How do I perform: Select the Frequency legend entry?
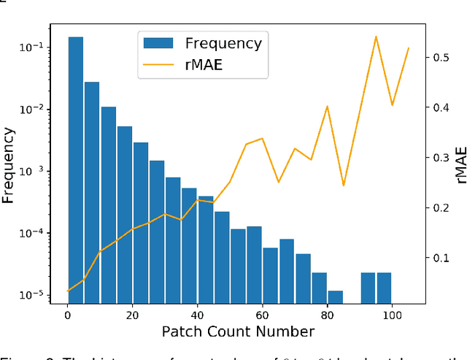pos(223,43)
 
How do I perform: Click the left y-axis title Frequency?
pos(9,166)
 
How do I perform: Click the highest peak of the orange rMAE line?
pos(376,37)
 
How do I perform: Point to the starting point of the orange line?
pos(68,291)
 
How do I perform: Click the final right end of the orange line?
pos(409,48)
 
